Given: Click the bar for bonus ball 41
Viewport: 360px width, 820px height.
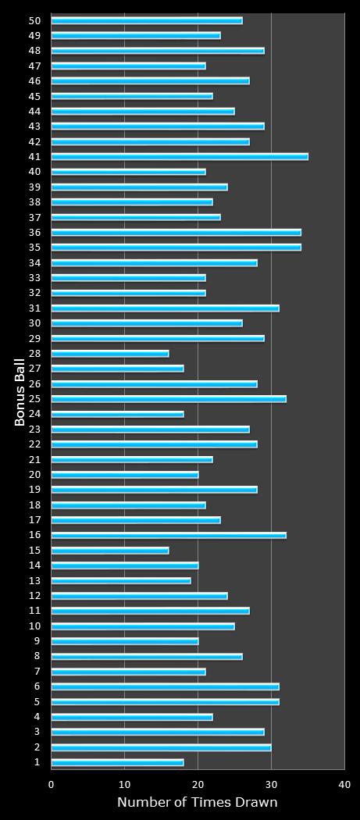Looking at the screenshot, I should pyautogui.click(x=180, y=157).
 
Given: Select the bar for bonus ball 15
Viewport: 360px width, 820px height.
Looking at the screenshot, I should pyautogui.click(x=110, y=551).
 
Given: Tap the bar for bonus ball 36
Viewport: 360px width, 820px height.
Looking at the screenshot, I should pyautogui.click(x=176, y=233).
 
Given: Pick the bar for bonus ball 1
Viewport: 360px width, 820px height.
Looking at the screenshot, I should pyautogui.click(x=117, y=762).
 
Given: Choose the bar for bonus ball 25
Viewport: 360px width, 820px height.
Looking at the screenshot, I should pyautogui.click(x=169, y=399).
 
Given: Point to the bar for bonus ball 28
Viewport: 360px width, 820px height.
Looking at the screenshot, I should pyautogui.click(x=110, y=354).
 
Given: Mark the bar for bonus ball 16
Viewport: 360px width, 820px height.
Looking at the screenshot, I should pyautogui.click(x=169, y=536).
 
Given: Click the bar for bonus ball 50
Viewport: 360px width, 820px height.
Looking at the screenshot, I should pyautogui.click(x=147, y=20).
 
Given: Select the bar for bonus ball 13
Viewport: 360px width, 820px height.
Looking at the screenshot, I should pyautogui.click(x=121, y=581).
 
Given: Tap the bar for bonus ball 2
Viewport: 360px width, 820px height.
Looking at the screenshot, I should pyautogui.click(x=161, y=747).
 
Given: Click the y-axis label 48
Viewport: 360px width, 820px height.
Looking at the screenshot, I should pyautogui.click(x=34, y=51).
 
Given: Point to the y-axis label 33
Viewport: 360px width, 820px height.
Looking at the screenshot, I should pyautogui.click(x=34, y=278).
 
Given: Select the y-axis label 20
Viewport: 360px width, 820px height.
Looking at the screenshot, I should pyautogui.click(x=34, y=475).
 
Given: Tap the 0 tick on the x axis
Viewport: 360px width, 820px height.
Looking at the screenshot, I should pyautogui.click(x=52, y=784).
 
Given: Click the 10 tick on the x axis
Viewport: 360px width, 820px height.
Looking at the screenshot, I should pyautogui.click(x=125, y=784).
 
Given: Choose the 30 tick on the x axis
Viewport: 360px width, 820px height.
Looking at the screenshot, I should pyautogui.click(x=271, y=784).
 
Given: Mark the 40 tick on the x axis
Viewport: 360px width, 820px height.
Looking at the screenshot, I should pyautogui.click(x=344, y=784).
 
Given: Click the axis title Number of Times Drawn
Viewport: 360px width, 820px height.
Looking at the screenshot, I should pyautogui.click(x=197, y=802).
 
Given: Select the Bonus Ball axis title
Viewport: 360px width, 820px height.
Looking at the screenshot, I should pyautogui.click(x=20, y=391).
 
